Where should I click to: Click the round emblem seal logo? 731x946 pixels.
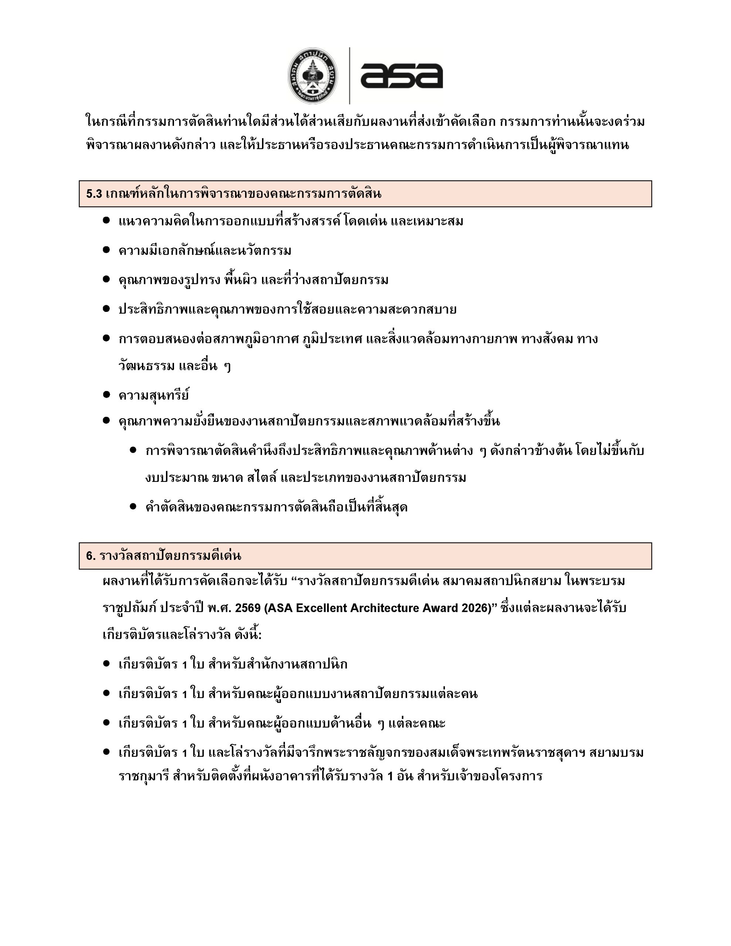point(313,76)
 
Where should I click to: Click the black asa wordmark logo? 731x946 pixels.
point(401,76)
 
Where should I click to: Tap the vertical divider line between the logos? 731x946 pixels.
point(349,76)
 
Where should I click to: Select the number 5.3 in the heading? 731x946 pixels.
point(94,194)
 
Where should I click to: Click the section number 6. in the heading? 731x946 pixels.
point(91,556)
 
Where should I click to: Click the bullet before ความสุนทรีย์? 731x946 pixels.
point(106,395)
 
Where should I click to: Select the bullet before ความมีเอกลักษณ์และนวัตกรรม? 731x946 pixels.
point(106,250)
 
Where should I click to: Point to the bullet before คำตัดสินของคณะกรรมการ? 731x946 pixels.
point(133,506)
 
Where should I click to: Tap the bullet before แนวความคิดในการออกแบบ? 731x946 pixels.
point(106,221)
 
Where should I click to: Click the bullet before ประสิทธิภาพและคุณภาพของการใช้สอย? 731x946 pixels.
point(106,309)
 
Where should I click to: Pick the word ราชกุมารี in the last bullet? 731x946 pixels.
point(143,776)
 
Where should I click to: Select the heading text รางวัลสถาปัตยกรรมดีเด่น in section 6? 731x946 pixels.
point(170,556)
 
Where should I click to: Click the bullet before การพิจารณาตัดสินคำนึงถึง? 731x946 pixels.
point(133,450)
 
